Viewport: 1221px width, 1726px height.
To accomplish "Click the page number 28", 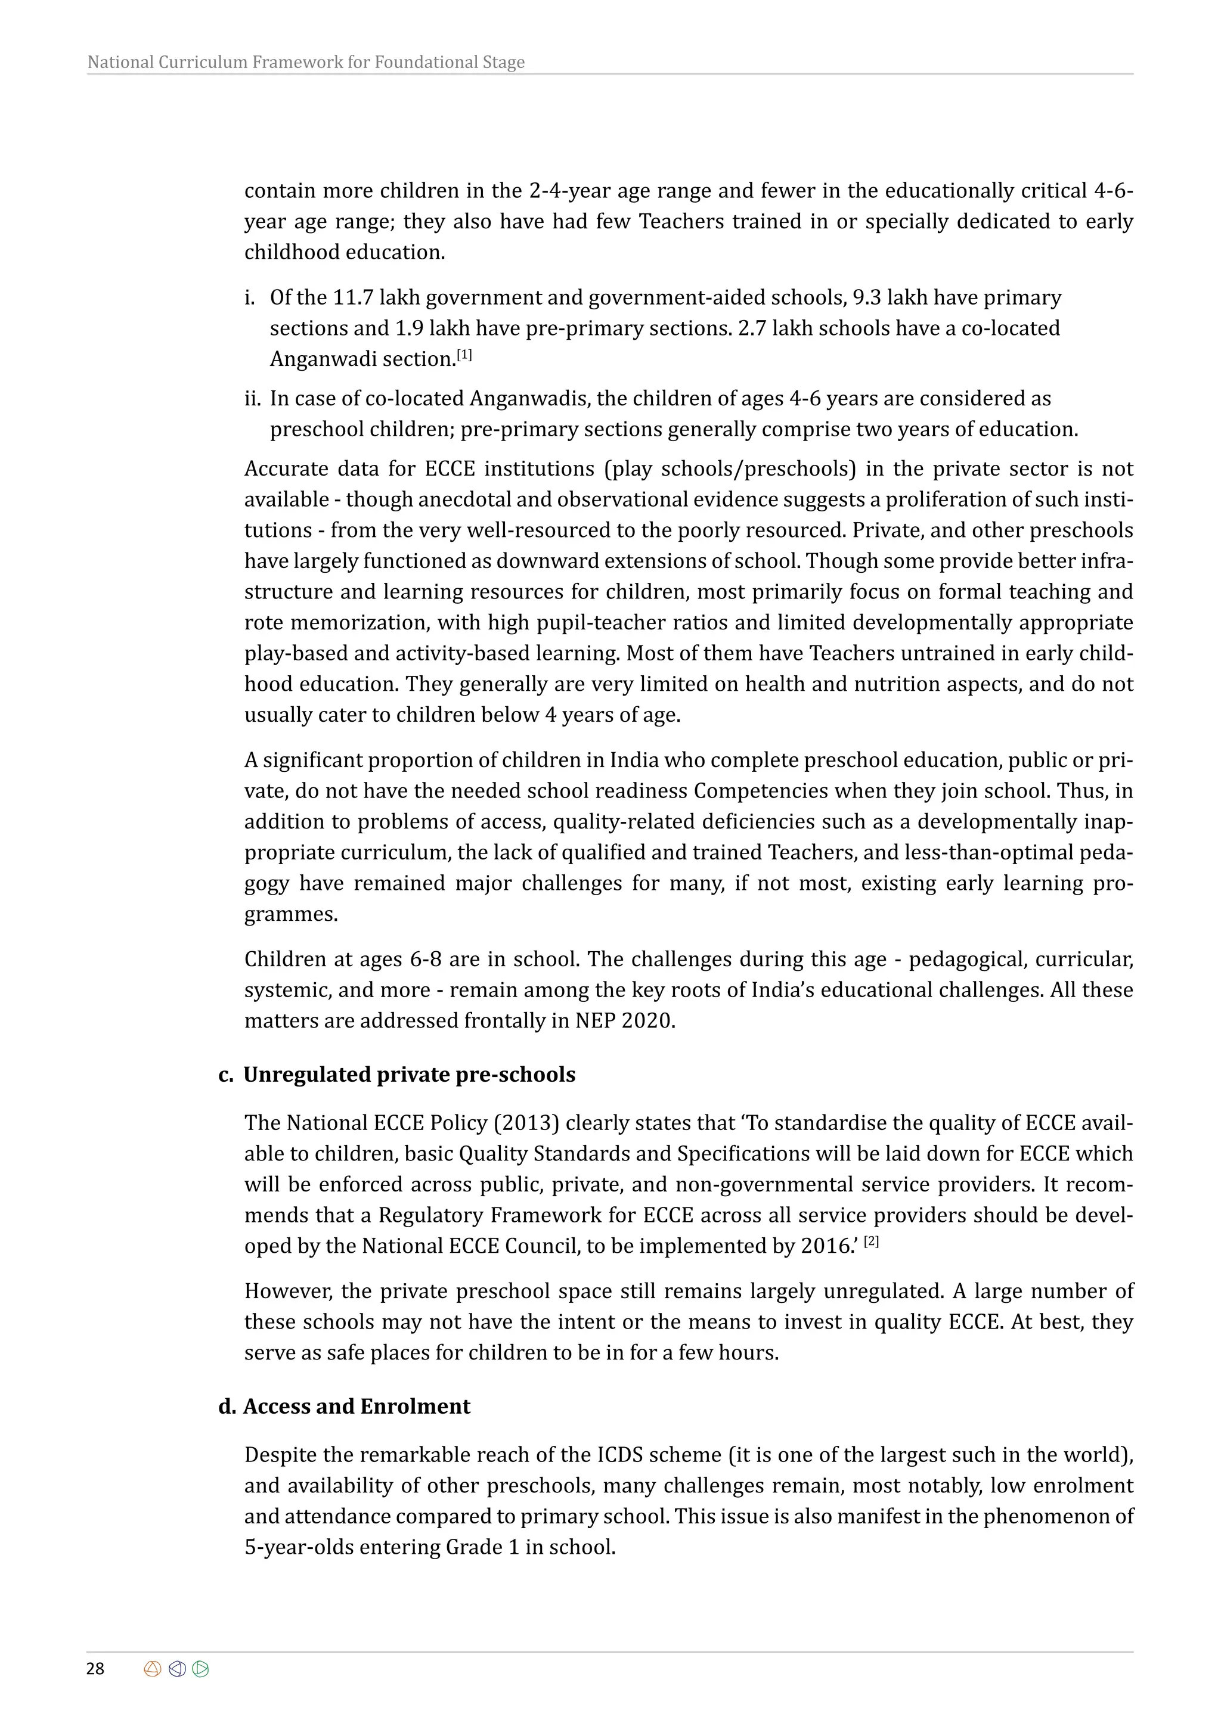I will coord(95,1668).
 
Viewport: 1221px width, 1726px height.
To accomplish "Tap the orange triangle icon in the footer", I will coord(153,1669).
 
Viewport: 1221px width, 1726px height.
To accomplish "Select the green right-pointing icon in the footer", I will coord(201,1669).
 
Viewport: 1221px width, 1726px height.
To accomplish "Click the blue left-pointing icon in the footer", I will coord(178,1669).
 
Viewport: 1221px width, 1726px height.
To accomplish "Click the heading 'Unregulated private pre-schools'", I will coord(409,1075).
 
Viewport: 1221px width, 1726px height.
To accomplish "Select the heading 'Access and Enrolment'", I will coord(357,1407).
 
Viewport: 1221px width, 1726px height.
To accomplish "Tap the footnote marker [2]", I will coord(872,1243).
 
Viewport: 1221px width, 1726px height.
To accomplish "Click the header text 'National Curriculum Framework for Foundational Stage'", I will coord(306,63).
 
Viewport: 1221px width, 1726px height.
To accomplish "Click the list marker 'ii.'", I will coord(254,399).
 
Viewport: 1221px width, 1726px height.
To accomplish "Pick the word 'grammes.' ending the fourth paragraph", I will coord(291,915).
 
